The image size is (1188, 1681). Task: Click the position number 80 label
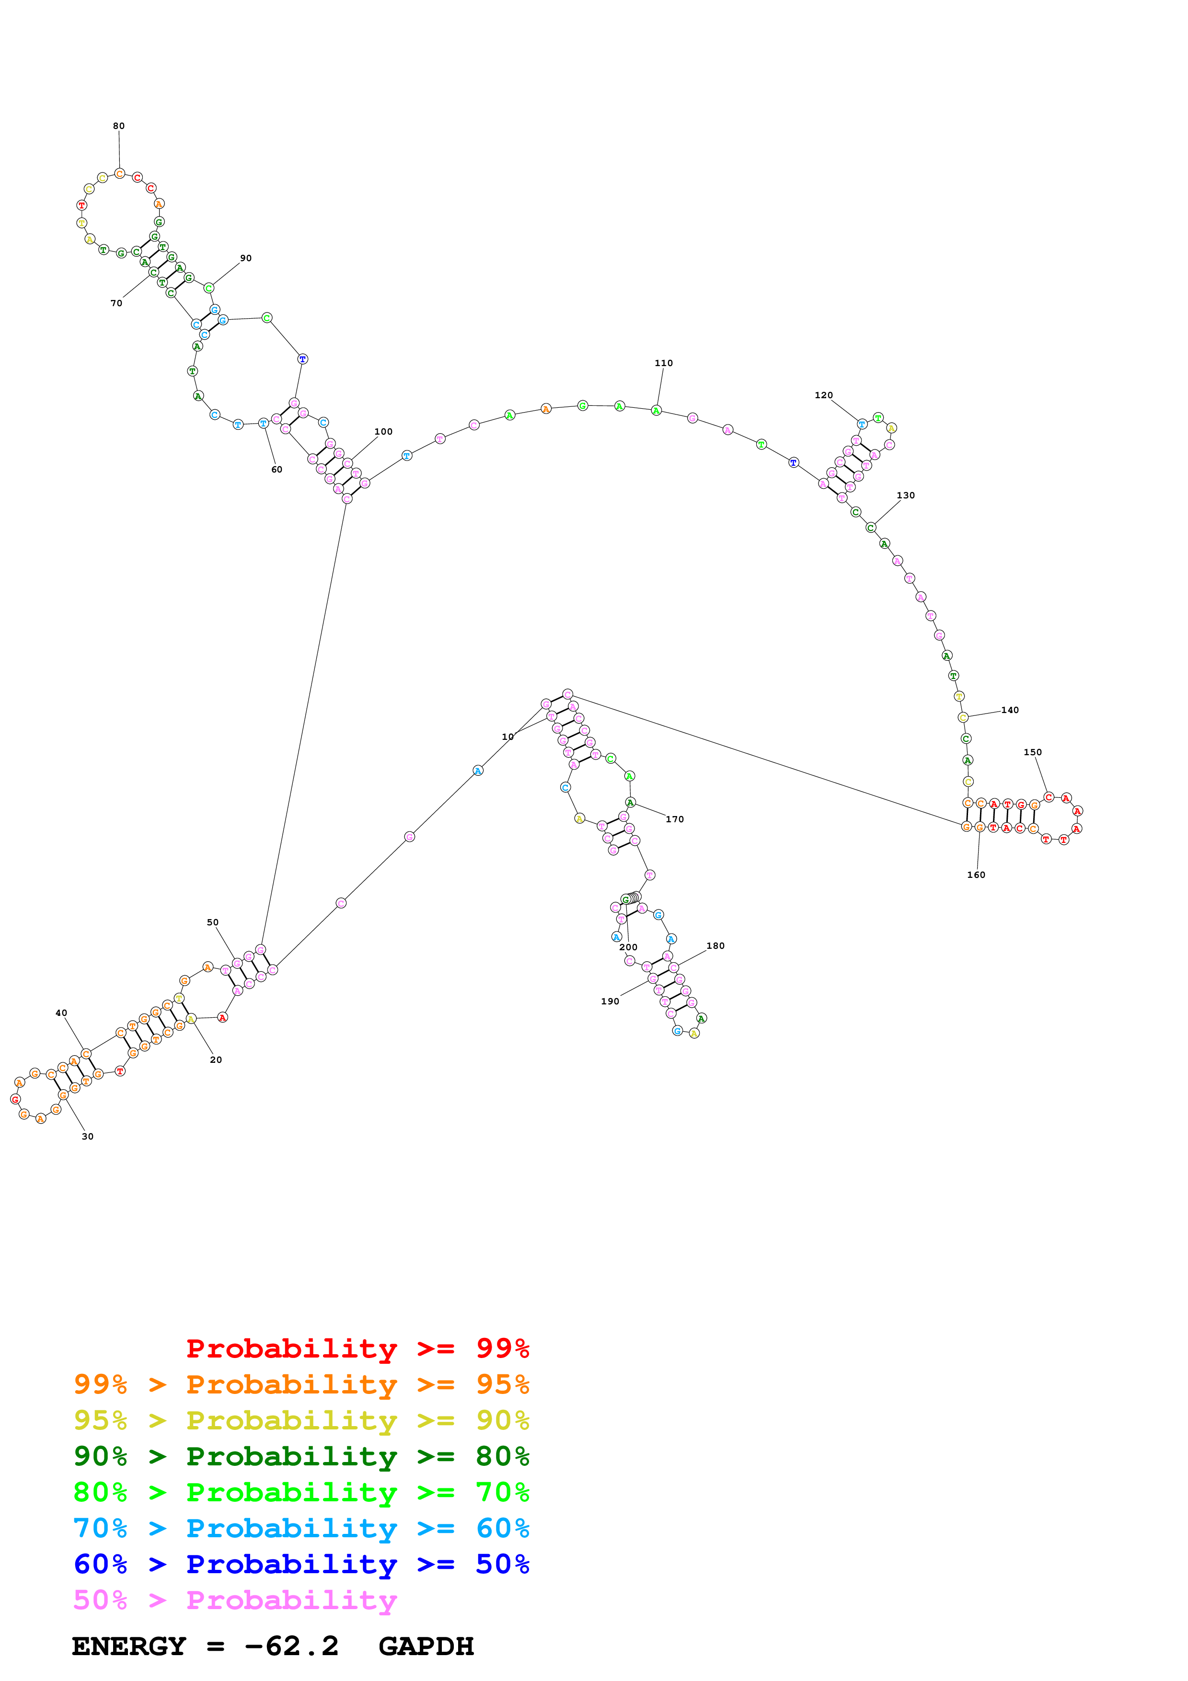pyautogui.click(x=118, y=126)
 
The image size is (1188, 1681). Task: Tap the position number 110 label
pyautogui.click(x=663, y=363)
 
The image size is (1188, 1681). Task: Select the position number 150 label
pyautogui.click(x=1032, y=752)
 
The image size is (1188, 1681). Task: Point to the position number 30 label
pyautogui.click(x=88, y=1136)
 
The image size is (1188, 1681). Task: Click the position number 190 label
pyautogui.click(x=610, y=1001)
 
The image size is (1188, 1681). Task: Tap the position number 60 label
pyautogui.click(x=277, y=469)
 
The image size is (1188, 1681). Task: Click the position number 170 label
pyautogui.click(x=674, y=819)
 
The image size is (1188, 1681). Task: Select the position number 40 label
pyautogui.click(x=61, y=1013)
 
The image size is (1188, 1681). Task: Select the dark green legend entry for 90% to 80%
pyautogui.click(x=301, y=1456)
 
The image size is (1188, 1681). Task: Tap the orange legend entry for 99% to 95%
pyautogui.click(x=301, y=1384)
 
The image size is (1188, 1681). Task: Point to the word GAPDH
pyautogui.click(x=426, y=1646)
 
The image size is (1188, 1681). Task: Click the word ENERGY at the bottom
pyautogui.click(x=129, y=1646)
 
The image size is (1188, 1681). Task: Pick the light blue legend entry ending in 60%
pyautogui.click(x=301, y=1528)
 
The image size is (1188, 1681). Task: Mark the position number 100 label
pyautogui.click(x=383, y=432)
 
